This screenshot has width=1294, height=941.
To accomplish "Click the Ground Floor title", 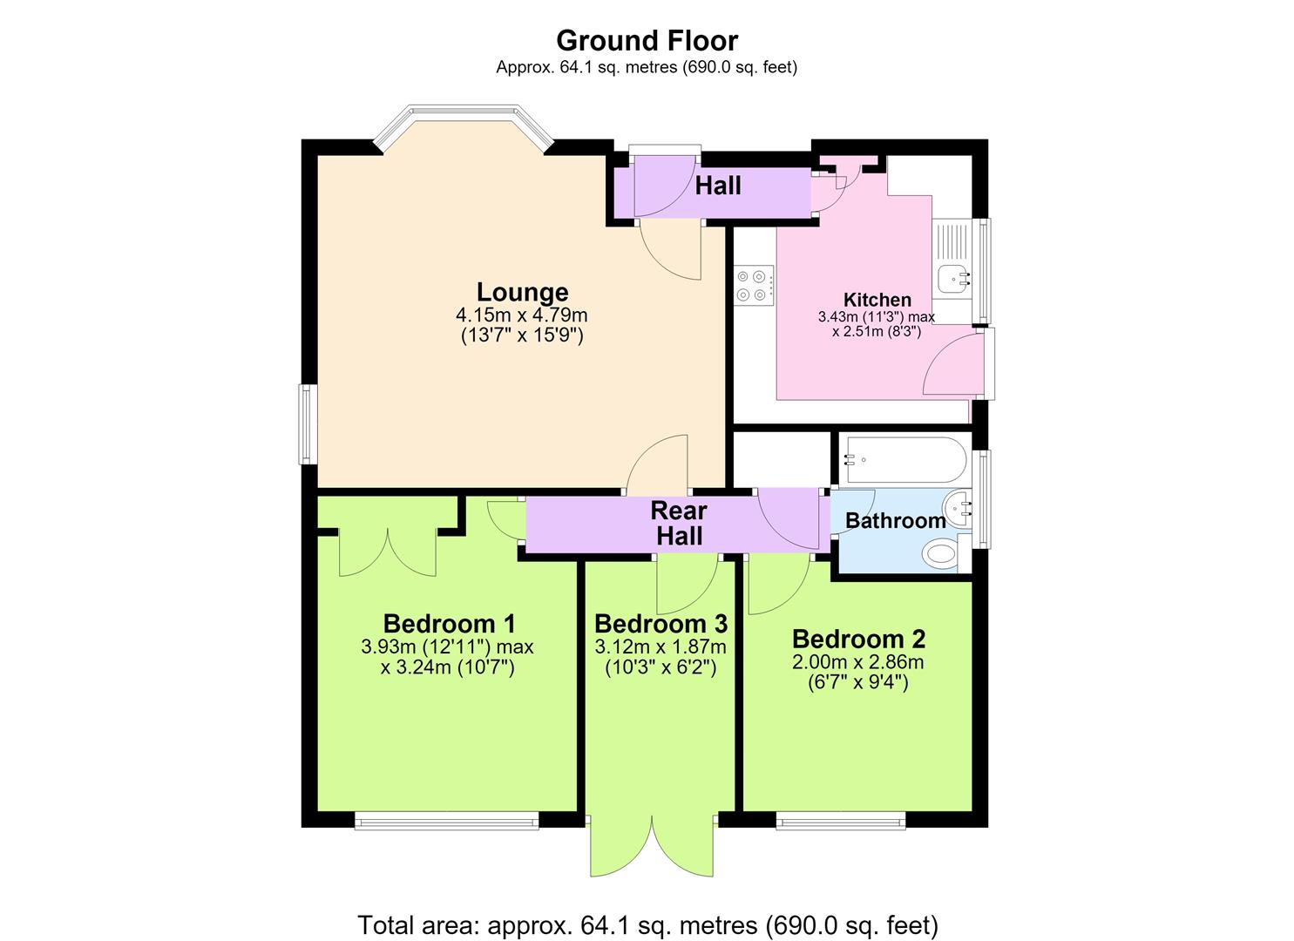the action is pos(647,41).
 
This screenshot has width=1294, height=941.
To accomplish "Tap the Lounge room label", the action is pos(522,292).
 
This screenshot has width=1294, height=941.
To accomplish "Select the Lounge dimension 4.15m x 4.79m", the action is pos(522,315).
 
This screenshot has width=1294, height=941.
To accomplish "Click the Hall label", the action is pos(718,186).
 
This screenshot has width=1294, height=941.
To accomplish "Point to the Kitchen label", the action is pos(877,300).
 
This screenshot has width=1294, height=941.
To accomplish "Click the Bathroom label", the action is pos(896,520).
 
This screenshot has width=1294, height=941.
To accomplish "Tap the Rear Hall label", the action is pos(680,524).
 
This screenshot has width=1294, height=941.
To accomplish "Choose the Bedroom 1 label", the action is pos(449,624).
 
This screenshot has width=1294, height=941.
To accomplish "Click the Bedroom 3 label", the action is pos(661,624).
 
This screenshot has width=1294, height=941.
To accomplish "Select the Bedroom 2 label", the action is pos(858,639).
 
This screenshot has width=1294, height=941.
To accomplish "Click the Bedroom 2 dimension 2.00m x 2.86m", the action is pos(858,662).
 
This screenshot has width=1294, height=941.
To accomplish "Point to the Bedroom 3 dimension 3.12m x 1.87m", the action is pos(661,647).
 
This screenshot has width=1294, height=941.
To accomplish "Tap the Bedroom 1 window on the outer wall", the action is pos(446,821).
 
